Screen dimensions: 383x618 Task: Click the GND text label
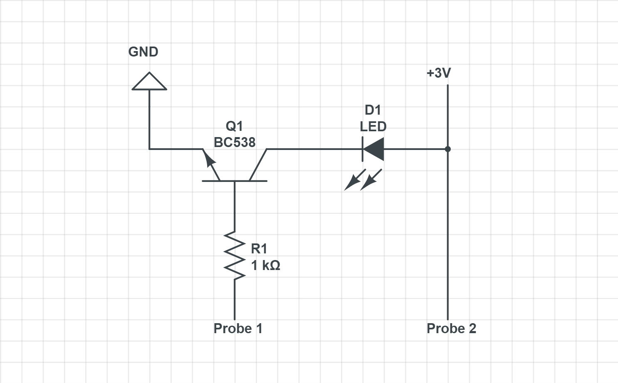(x=143, y=52)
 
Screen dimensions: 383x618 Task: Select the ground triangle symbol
(x=149, y=82)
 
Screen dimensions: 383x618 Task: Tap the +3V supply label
(x=438, y=73)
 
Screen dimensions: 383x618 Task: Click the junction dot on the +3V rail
(x=447, y=149)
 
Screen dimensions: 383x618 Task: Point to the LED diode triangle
(x=374, y=149)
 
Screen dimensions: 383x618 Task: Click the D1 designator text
(x=373, y=110)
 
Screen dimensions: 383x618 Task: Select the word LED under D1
(x=373, y=126)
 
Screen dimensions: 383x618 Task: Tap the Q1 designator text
(x=234, y=126)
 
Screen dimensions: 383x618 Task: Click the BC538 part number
(x=235, y=142)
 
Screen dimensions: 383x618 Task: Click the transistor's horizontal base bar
(x=235, y=181)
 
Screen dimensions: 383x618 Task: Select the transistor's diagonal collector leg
(x=258, y=165)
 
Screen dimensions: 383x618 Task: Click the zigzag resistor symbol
(x=235, y=255)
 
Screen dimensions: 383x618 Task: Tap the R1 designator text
(x=259, y=249)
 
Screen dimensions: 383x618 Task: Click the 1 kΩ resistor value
(x=265, y=265)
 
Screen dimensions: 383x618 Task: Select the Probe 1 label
(x=238, y=329)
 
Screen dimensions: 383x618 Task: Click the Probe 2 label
(x=451, y=329)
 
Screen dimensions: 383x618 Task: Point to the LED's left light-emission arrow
(x=354, y=180)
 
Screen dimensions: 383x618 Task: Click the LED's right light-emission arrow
(x=371, y=180)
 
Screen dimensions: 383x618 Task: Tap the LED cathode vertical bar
(x=363, y=149)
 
